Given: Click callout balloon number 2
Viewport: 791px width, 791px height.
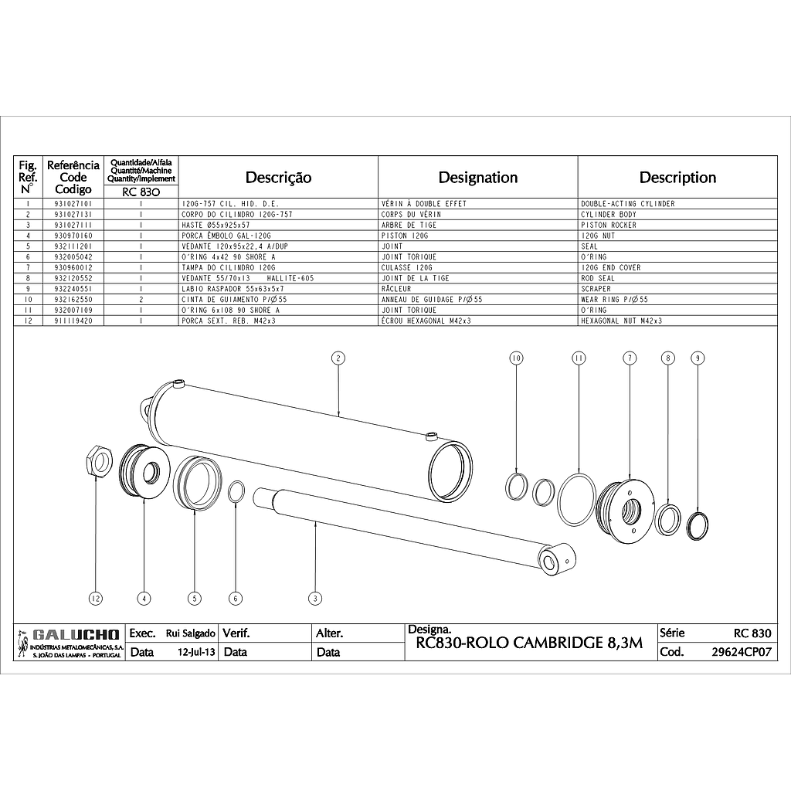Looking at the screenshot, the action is point(338,358).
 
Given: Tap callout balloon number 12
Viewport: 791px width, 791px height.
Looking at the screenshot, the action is point(95,599).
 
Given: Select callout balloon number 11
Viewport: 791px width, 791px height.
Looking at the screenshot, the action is point(579,358).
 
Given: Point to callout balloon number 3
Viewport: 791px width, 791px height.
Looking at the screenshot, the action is point(315,599).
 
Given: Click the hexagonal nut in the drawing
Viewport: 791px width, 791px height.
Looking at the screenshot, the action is point(97,462).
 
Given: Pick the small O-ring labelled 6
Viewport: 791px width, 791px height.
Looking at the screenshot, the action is point(236,492).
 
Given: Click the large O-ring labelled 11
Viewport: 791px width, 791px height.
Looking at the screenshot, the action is point(577,499).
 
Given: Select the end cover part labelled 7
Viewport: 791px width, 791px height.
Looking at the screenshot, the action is point(626,511).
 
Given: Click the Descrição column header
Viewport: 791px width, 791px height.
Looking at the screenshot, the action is point(278,178).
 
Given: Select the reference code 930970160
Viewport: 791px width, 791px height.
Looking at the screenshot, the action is point(73,236).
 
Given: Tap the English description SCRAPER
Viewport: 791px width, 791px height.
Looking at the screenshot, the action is point(596,289).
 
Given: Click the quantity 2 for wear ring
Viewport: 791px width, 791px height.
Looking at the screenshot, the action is point(141,300).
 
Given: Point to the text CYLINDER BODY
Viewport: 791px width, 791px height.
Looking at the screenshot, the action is point(609,215).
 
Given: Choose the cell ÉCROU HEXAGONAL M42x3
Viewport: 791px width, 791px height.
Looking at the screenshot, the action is point(426,321).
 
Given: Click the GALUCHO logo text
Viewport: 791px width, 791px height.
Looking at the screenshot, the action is point(76,634).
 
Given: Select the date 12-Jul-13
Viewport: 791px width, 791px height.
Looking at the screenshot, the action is point(196,652).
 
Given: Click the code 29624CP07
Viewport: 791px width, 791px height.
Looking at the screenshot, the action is point(742,652).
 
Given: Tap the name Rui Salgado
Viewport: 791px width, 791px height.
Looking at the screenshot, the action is point(191,633).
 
